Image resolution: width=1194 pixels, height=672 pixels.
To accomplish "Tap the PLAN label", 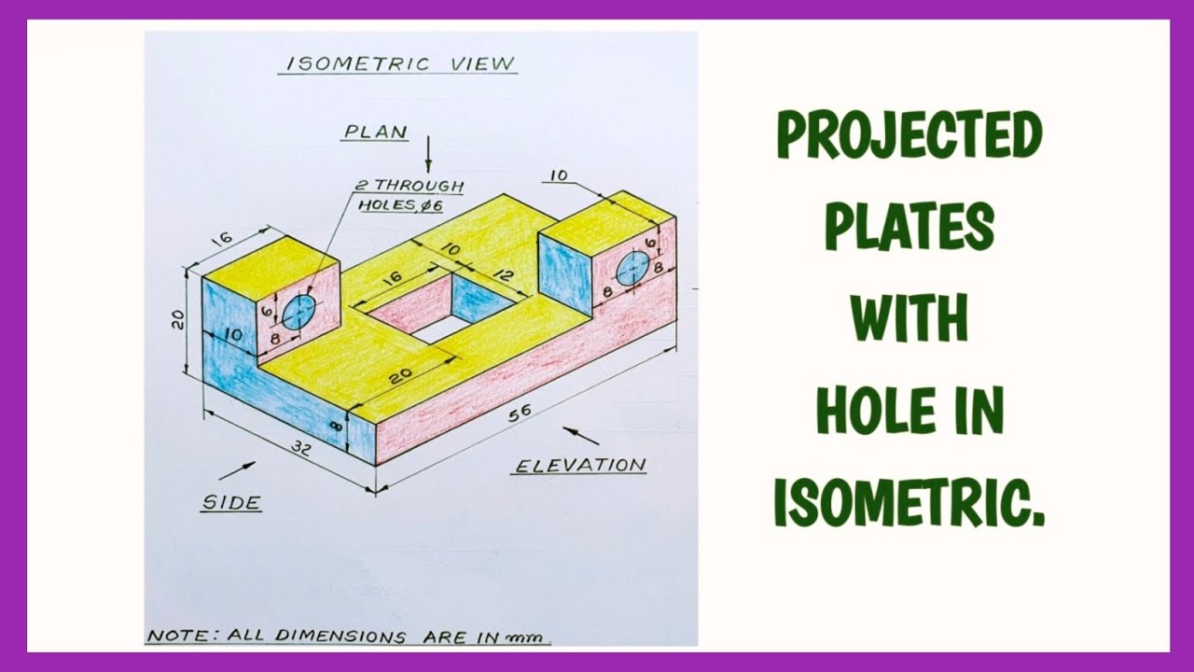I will pyautogui.click(x=376, y=132).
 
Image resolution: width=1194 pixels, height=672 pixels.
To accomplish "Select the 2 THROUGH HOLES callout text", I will pyautogui.click(x=407, y=195).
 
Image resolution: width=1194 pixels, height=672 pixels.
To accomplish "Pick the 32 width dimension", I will pyautogui.click(x=299, y=447).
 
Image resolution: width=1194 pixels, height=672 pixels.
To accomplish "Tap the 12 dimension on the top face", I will pyautogui.click(x=505, y=276).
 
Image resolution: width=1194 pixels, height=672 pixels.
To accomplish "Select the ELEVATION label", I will pyautogui.click(x=580, y=465).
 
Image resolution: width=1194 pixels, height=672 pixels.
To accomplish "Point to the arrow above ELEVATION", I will pyautogui.click(x=581, y=435).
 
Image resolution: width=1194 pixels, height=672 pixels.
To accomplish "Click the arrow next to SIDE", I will pyautogui.click(x=237, y=470).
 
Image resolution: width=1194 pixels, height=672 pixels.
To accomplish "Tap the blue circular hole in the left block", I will pyautogui.click(x=298, y=313).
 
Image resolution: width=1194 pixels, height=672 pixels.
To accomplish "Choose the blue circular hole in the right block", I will pyautogui.click(x=632, y=268).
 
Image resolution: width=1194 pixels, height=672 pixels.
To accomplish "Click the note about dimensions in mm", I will pyautogui.click(x=347, y=637).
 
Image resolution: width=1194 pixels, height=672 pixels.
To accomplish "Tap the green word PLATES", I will pyautogui.click(x=909, y=227).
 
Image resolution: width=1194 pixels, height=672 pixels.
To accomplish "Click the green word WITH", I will pyautogui.click(x=909, y=318).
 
